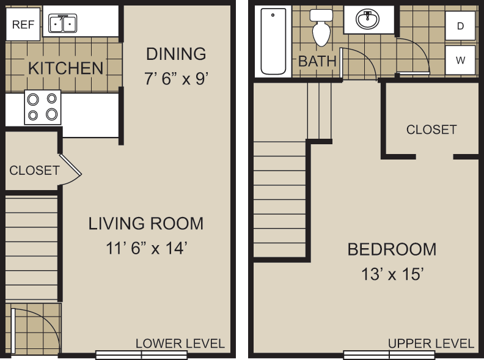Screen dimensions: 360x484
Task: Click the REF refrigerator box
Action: (x=23, y=24)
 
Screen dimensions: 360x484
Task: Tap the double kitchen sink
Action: (x=61, y=24)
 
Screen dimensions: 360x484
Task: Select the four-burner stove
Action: (x=43, y=107)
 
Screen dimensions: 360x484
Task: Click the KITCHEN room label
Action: (x=66, y=68)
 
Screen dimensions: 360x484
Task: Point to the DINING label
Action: (x=175, y=54)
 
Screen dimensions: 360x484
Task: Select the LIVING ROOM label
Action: (x=146, y=224)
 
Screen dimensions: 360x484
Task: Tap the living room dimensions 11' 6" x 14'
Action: (x=146, y=248)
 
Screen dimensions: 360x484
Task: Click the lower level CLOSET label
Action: (x=34, y=171)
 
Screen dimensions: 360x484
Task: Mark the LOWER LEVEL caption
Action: (x=180, y=343)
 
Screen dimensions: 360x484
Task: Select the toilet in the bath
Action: (x=321, y=28)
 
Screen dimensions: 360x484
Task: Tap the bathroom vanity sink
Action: (x=369, y=20)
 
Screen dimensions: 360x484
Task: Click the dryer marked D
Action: (x=460, y=26)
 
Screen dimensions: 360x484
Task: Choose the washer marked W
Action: (x=460, y=60)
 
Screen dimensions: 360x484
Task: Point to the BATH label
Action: (x=317, y=61)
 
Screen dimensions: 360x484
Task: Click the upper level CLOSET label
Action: (x=431, y=130)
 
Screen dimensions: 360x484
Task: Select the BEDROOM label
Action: (x=392, y=249)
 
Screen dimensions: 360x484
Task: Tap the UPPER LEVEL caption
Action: (x=431, y=343)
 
